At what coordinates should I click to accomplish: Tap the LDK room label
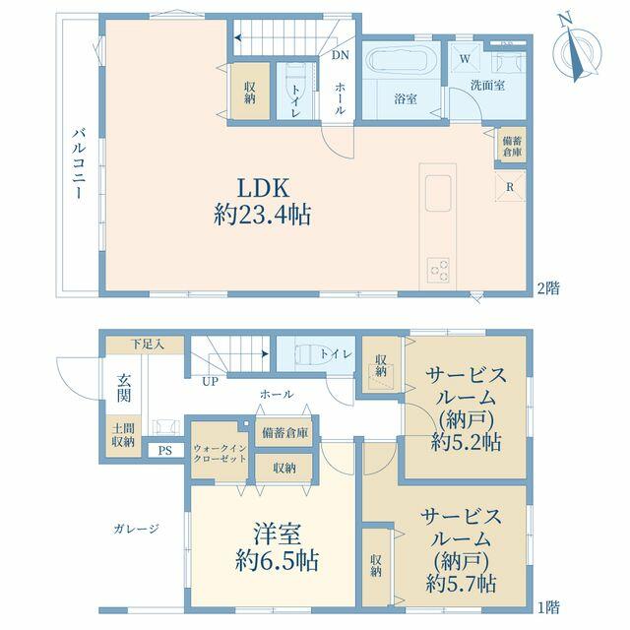pyautogui.click(x=263, y=188)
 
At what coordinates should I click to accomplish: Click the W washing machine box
pyautogui.click(x=465, y=59)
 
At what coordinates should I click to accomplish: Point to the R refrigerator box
pyautogui.click(x=510, y=187)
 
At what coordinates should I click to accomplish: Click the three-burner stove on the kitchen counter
pyautogui.click(x=438, y=270)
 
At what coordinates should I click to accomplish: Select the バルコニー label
pyautogui.click(x=79, y=163)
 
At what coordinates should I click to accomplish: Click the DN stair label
pyautogui.click(x=341, y=55)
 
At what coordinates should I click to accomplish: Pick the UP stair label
pyautogui.click(x=210, y=381)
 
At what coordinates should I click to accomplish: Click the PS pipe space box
pyautogui.click(x=164, y=451)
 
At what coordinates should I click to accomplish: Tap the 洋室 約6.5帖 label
pyautogui.click(x=277, y=547)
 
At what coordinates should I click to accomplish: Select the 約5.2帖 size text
pyautogui.click(x=466, y=442)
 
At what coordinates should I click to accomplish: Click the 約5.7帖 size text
pyautogui.click(x=461, y=584)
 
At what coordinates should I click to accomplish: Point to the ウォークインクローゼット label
pyautogui.click(x=220, y=453)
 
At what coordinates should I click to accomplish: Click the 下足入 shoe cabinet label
pyautogui.click(x=149, y=345)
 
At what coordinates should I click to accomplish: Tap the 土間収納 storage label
pyautogui.click(x=123, y=435)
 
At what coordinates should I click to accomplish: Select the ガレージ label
pyautogui.click(x=136, y=529)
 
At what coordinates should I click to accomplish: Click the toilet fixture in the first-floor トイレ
pyautogui.click(x=306, y=354)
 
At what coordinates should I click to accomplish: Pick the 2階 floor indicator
pyautogui.click(x=548, y=288)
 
